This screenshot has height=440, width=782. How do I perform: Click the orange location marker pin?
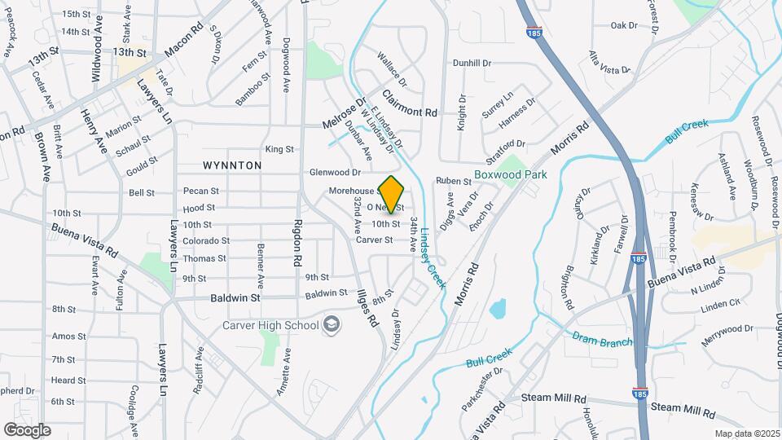click(x=392, y=195)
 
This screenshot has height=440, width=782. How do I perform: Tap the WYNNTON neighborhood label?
click(x=232, y=165)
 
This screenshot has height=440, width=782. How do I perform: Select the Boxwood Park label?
click(x=511, y=174)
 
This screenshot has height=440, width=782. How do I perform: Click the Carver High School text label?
click(x=271, y=326)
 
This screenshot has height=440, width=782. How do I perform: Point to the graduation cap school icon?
click(x=332, y=325)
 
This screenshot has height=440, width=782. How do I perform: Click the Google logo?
click(x=27, y=429)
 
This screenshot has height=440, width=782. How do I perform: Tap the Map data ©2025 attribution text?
click(x=745, y=433)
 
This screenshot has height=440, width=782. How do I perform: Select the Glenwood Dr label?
click(x=335, y=173)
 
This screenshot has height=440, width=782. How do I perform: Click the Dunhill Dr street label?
click(x=472, y=63)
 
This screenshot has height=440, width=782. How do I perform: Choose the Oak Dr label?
click(x=624, y=25)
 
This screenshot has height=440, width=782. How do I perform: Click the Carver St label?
click(x=374, y=240)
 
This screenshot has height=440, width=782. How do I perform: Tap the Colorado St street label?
click(x=206, y=241)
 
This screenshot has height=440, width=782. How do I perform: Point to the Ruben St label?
click(x=448, y=181)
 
